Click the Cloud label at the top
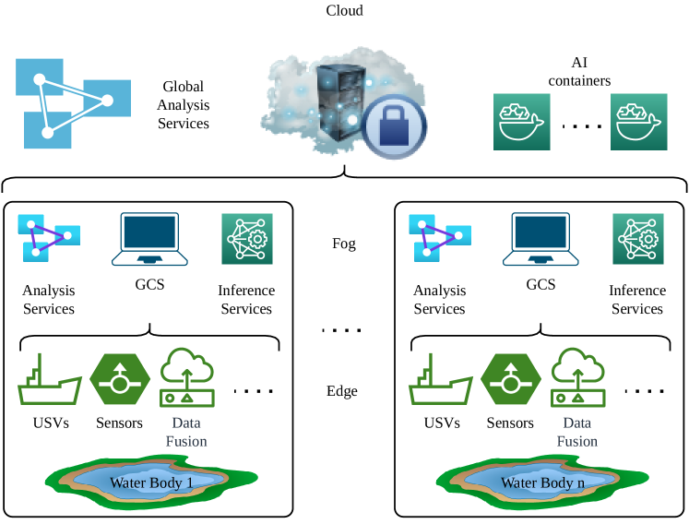point(344,11)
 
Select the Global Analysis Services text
point(184,105)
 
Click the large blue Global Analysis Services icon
point(64,103)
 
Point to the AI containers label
point(579,72)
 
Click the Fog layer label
point(344,244)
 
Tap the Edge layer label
point(342,391)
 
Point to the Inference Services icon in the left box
point(246,239)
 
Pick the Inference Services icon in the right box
point(637,239)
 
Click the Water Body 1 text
point(151,482)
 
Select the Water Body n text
point(542,482)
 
